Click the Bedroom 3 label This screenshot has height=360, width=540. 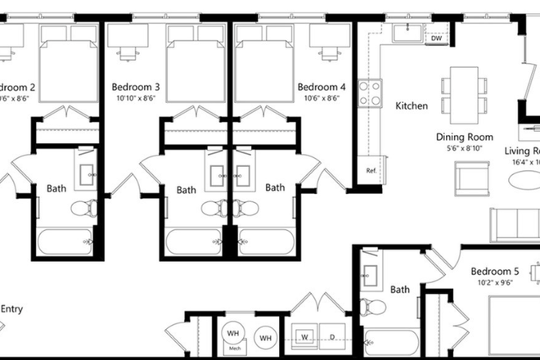[x=135, y=87]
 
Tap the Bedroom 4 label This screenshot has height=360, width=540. [x=321, y=87]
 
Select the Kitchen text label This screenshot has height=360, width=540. [x=412, y=106]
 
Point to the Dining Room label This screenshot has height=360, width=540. [x=464, y=137]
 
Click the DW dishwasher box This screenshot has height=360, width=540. [x=436, y=38]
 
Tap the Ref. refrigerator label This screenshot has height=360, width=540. [x=371, y=171]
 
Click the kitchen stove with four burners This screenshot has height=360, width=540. [x=370, y=92]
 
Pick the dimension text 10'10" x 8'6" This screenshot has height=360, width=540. [x=135, y=98]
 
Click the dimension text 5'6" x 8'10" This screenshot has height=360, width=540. [x=464, y=149]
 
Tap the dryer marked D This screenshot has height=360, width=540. [x=332, y=336]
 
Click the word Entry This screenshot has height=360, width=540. [x=11, y=308]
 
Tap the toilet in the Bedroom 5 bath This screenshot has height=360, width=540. [x=374, y=307]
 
